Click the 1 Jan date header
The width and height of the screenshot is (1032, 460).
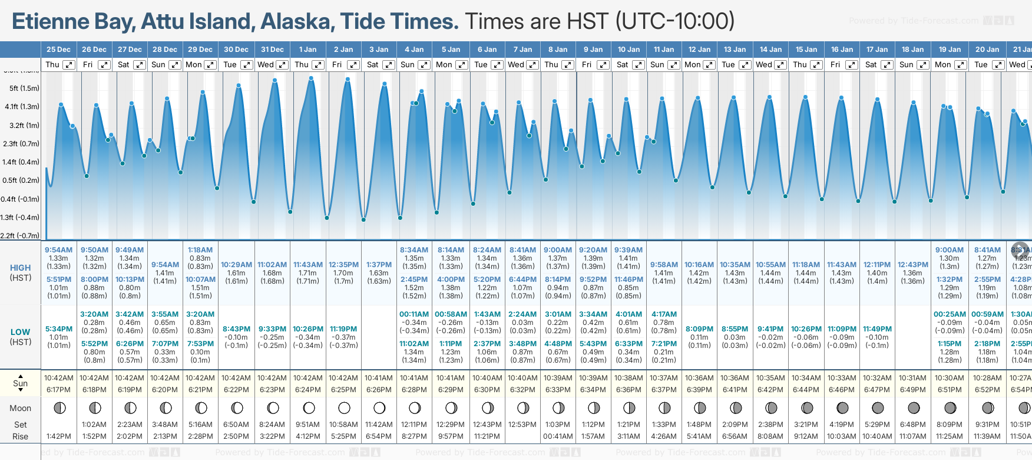click(x=307, y=50)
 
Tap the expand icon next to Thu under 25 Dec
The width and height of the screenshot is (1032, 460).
click(x=69, y=65)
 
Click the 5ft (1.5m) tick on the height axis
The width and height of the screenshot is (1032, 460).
click(x=24, y=88)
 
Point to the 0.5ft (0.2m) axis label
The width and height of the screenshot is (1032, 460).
click(x=21, y=180)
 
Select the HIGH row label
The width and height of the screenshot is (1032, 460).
click(x=21, y=268)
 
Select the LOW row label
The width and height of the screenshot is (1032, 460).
click(x=21, y=332)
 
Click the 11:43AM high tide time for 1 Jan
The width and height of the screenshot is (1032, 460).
click(x=308, y=265)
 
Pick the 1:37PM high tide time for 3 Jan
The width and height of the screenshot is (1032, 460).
click(x=379, y=265)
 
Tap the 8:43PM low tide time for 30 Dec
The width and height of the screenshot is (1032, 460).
click(x=236, y=329)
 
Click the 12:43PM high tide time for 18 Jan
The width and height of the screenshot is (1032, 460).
click(x=912, y=265)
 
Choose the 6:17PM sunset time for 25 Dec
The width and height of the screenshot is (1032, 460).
click(x=58, y=390)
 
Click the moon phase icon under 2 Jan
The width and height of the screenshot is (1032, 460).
click(x=344, y=408)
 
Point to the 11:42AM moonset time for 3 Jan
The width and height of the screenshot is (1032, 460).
click(x=379, y=425)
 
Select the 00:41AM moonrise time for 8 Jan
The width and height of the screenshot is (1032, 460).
click(x=558, y=436)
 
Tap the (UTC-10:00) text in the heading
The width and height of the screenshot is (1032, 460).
click(x=675, y=22)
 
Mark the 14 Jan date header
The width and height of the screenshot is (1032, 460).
click(x=771, y=50)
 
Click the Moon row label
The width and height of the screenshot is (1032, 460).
click(x=21, y=408)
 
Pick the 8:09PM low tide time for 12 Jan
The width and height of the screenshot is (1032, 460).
click(x=699, y=329)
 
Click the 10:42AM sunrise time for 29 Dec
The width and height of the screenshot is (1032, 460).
click(x=200, y=378)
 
